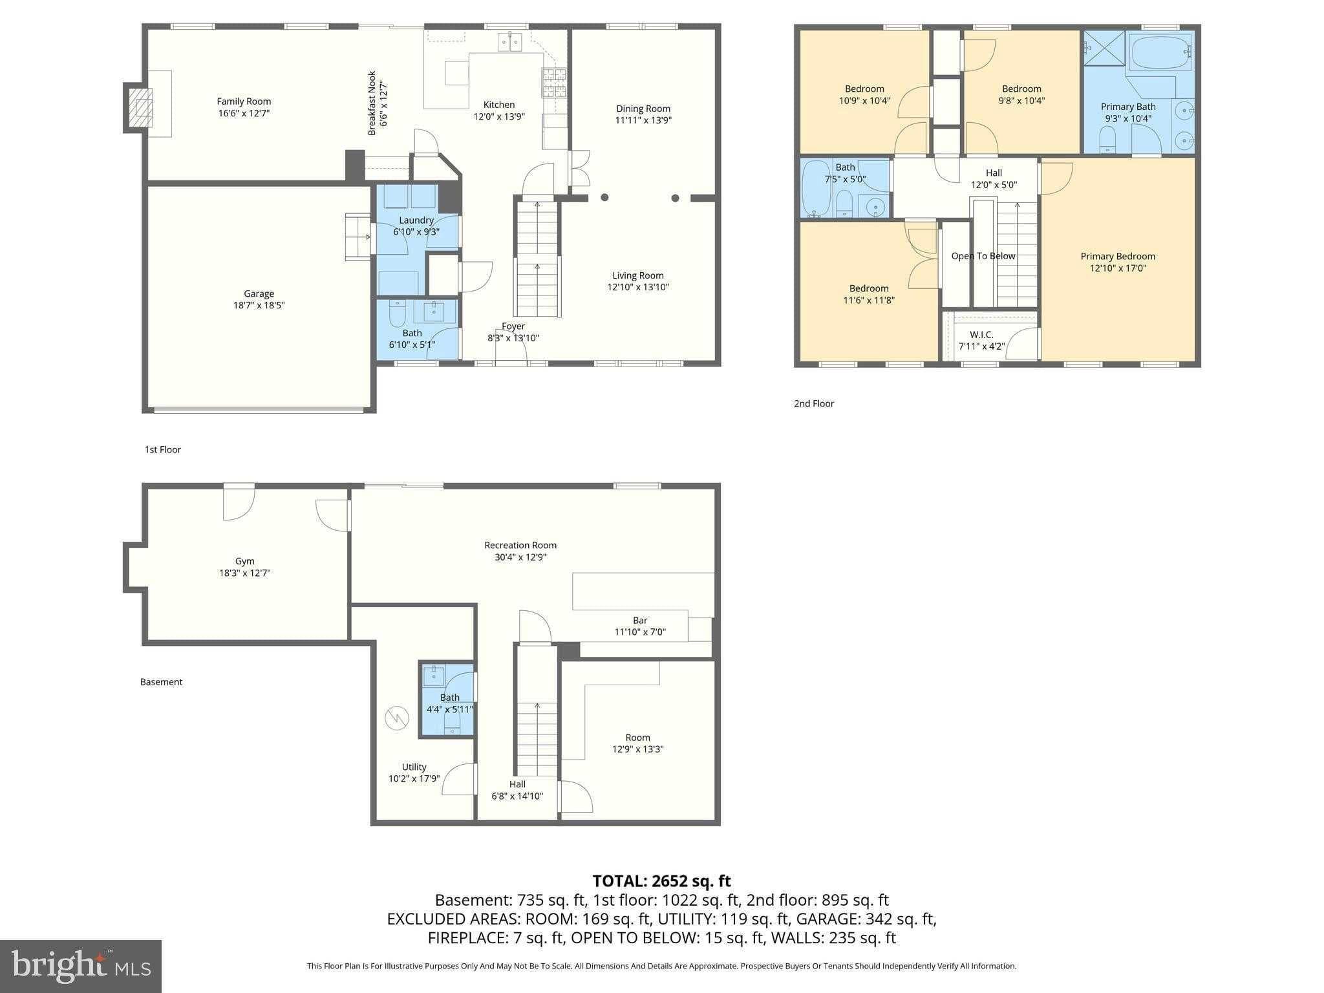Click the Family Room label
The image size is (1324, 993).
tap(244, 101)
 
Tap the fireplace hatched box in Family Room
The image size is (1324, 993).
tap(140, 108)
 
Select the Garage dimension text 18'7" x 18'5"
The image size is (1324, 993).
tap(259, 305)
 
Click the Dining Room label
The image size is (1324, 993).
tap(643, 109)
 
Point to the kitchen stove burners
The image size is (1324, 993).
tap(554, 83)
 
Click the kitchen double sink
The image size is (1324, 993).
tap(510, 43)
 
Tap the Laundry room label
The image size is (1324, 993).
tap(416, 220)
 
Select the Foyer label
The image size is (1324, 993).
tap(513, 326)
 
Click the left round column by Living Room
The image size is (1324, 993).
tap(604, 198)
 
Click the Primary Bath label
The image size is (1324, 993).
tap(1127, 107)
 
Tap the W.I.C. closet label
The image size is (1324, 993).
tap(981, 335)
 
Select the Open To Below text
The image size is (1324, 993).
tap(983, 256)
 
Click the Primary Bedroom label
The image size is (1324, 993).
tap(1117, 257)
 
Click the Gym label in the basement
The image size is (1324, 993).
tap(244, 561)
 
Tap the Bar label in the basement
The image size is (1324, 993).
tap(639, 621)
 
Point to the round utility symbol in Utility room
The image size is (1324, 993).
tap(397, 718)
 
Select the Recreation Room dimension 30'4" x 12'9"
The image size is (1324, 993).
tap(520, 557)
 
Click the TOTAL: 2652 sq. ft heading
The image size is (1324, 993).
tap(661, 881)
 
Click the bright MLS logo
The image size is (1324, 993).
tap(80, 966)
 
